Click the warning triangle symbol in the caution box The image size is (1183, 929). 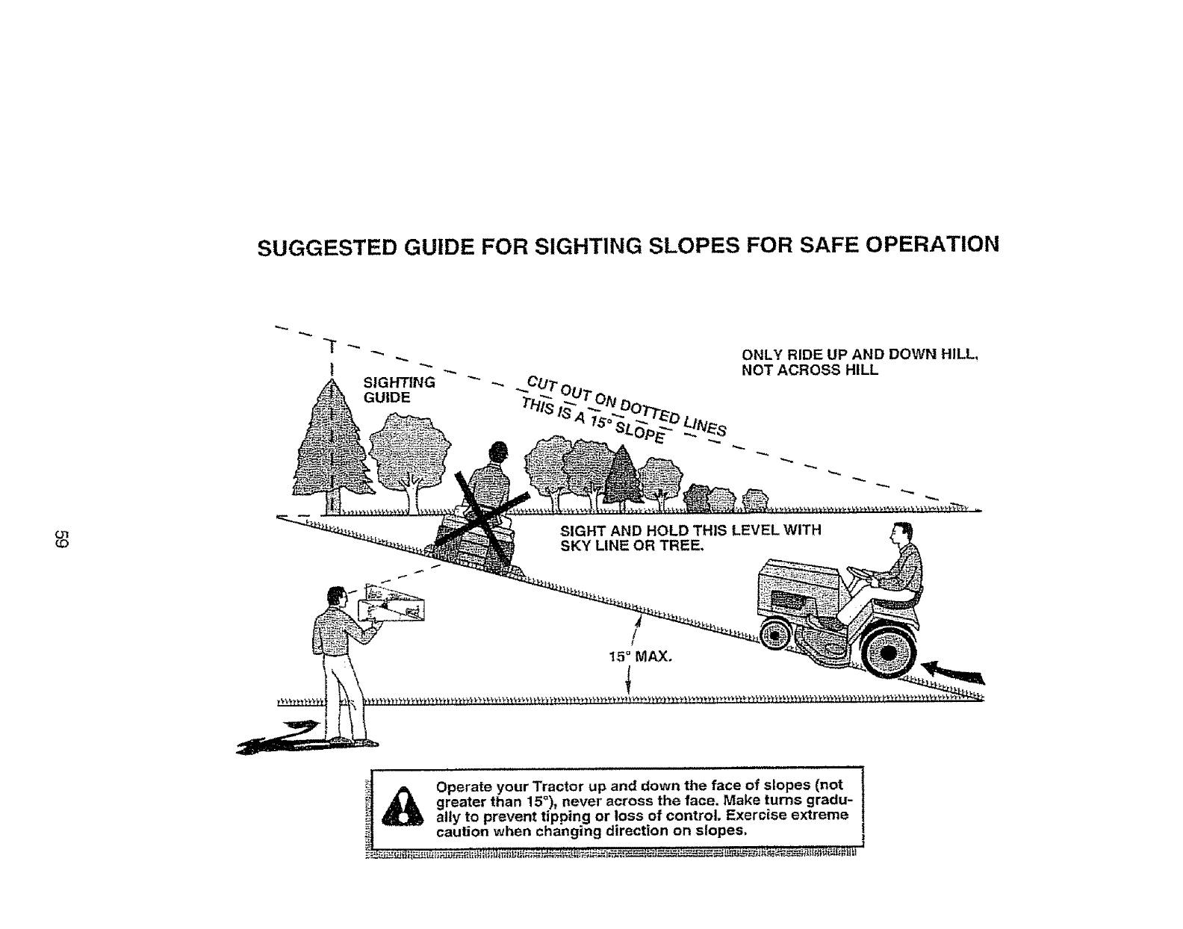[x=403, y=809]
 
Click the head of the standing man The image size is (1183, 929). [x=335, y=598]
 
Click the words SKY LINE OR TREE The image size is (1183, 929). [x=631, y=545]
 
